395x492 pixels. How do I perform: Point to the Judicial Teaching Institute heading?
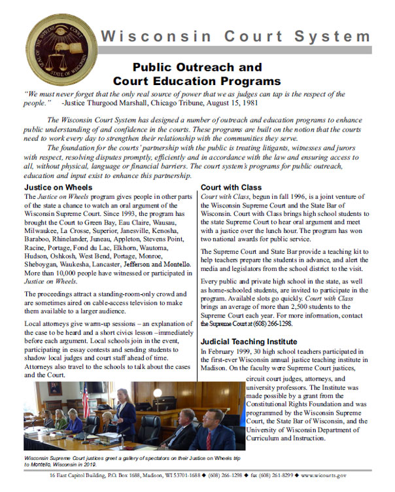[x=250, y=342]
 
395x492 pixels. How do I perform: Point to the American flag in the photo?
[x=85, y=400]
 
